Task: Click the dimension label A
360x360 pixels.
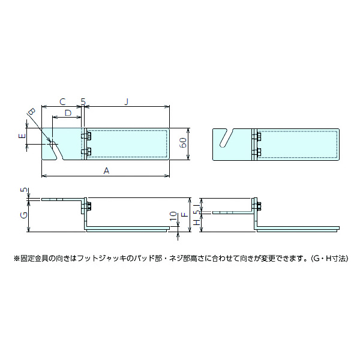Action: [106, 170]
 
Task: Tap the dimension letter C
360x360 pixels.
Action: [62, 102]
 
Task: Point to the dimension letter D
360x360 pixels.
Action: [68, 112]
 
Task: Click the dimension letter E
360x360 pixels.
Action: [22, 137]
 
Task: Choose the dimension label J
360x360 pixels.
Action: [127, 102]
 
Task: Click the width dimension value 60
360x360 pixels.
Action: [183, 144]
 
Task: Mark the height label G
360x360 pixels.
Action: [23, 214]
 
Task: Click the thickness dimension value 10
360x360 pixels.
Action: [173, 216]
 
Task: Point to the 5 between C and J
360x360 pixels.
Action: [83, 102]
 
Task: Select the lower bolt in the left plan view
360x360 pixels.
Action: [88, 151]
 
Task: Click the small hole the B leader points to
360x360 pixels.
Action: [52, 143]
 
